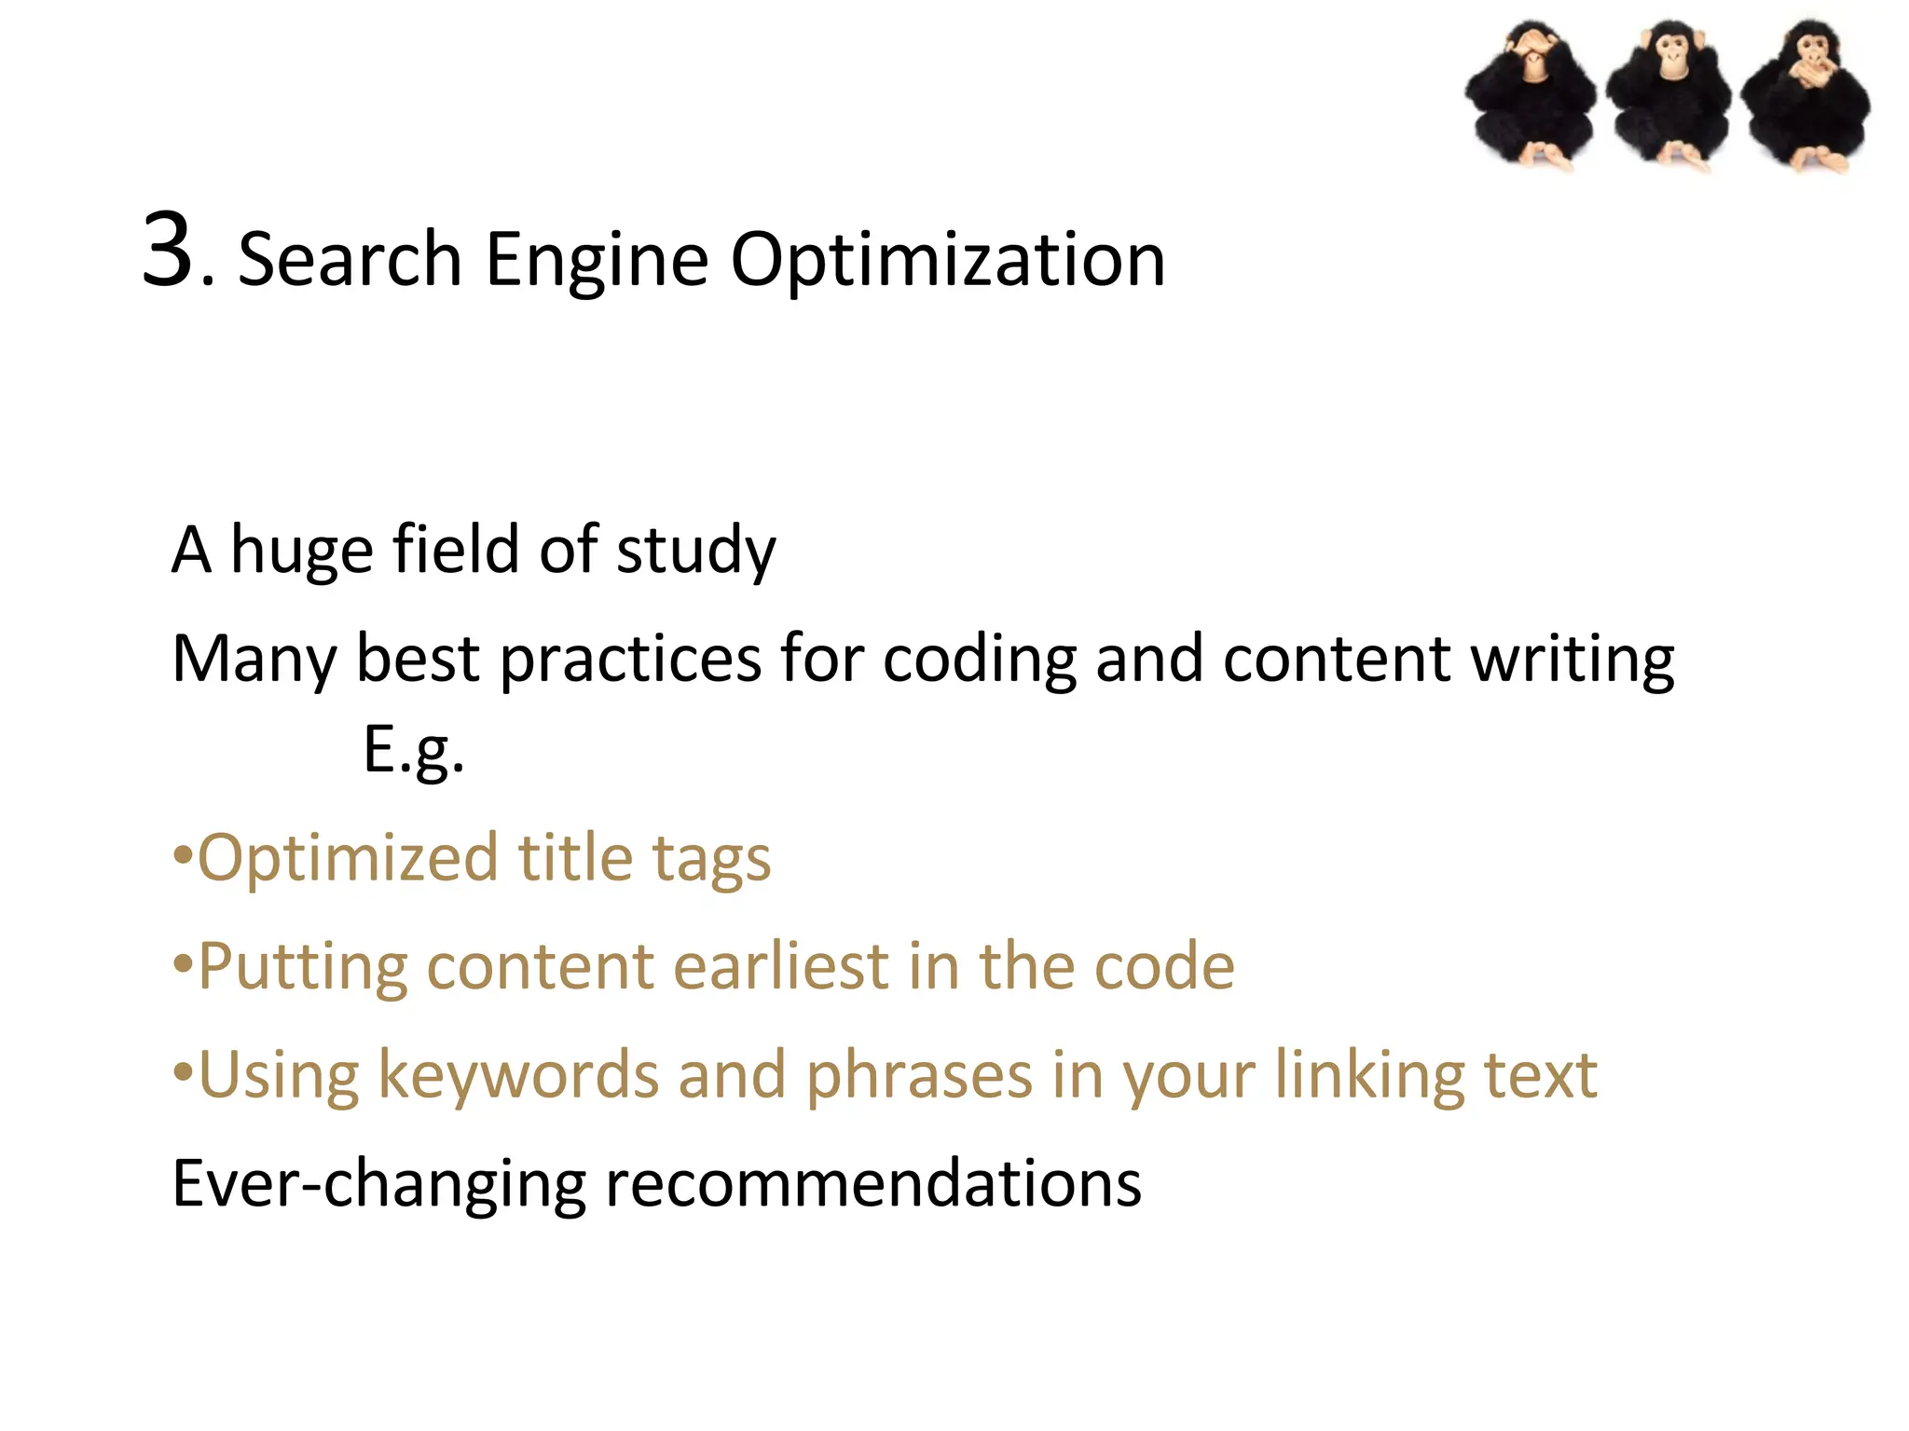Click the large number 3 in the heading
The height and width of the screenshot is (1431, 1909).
[171, 250]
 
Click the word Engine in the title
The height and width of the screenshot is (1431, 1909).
[597, 260]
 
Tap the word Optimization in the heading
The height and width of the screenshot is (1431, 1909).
[947, 260]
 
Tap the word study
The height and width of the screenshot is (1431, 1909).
[695, 552]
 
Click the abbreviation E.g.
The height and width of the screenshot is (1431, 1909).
[413, 750]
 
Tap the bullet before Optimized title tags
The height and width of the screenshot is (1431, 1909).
[183, 854]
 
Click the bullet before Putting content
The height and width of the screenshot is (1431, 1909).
[183, 962]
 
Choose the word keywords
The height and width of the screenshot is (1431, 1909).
[517, 1076]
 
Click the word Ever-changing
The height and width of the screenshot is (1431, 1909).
[378, 1184]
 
